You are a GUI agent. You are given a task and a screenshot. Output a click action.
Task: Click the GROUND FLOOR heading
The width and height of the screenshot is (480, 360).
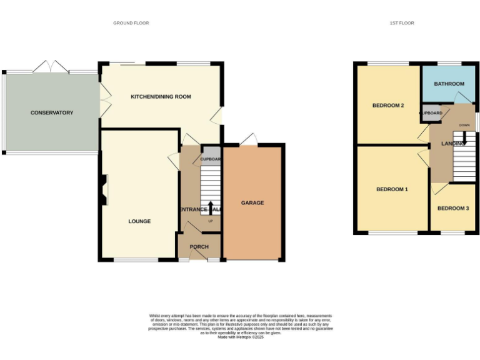pos(131,23)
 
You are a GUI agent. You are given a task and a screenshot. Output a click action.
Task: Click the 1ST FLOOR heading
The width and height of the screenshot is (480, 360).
pos(402,23)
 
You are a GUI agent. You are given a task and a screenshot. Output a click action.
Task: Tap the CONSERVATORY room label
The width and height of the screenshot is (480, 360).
pos(52,113)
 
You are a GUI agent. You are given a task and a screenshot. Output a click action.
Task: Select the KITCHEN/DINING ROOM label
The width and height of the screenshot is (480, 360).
pos(161,97)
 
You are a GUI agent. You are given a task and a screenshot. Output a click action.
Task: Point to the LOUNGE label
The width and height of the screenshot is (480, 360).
pos(139,221)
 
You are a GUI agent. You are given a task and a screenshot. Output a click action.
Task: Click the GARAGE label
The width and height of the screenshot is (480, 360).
pos(252,203)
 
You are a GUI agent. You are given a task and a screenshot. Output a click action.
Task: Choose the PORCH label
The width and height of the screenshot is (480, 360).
pos(199,247)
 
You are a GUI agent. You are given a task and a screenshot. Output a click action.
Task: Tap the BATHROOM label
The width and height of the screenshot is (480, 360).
pos(449,84)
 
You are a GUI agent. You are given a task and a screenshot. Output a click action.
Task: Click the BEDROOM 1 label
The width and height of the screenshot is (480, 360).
pos(392,189)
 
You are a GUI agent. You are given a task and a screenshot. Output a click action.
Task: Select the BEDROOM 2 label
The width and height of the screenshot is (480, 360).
pos(388,106)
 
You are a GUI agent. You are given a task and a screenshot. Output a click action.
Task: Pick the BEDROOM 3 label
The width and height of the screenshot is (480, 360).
pos(452,208)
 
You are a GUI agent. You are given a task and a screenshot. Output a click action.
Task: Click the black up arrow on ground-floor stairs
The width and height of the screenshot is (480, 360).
pos(210,207)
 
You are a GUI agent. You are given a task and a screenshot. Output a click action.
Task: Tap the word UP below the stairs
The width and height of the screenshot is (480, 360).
pos(210,221)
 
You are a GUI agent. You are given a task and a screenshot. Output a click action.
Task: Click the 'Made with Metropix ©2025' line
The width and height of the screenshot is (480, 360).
pos(240,337)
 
